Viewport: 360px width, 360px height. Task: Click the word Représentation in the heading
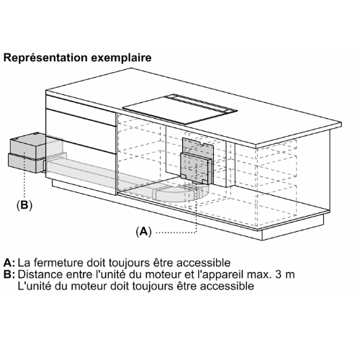[45, 58]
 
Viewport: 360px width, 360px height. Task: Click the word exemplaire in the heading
[121, 58]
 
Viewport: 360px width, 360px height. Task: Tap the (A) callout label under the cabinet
[144, 232]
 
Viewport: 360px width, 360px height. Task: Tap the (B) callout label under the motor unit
[24, 205]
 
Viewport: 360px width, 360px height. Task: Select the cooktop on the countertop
[180, 109]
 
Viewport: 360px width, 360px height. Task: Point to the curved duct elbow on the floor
[181, 192]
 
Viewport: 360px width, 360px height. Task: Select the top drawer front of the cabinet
[81, 110]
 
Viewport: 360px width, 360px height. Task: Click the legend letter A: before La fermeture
[9, 263]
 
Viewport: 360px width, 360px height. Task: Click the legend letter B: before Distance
[9, 274]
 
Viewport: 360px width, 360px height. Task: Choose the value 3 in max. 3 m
[279, 274]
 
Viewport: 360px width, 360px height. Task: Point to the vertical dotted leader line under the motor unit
[24, 175]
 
